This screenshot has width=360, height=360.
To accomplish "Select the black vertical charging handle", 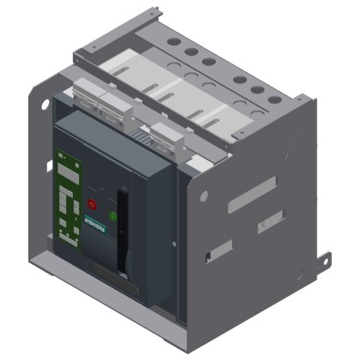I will (x=124, y=231).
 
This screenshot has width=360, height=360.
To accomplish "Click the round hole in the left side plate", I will (x=45, y=105).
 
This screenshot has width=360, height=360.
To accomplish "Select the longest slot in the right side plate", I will (x=254, y=194).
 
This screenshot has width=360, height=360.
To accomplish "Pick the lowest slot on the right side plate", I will (x=220, y=251).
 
